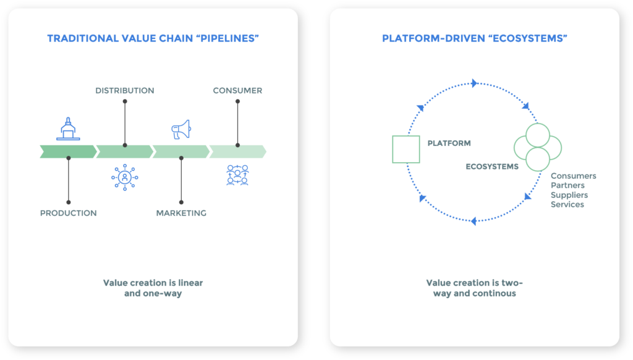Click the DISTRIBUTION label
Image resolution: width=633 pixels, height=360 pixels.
click(124, 90)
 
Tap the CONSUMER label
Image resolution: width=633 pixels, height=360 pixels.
click(237, 90)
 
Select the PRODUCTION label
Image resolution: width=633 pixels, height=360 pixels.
click(68, 213)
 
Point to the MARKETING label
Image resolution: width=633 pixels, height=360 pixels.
click(181, 213)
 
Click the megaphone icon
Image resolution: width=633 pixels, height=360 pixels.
click(181, 129)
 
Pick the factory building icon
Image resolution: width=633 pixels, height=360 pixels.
click(68, 128)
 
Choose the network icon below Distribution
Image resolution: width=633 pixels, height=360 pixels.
click(124, 176)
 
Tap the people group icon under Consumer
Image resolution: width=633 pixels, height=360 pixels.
click(237, 176)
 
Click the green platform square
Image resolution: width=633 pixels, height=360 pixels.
click(406, 149)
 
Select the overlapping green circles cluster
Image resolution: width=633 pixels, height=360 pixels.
click(537, 147)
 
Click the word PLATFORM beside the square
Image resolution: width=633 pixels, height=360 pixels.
click(449, 143)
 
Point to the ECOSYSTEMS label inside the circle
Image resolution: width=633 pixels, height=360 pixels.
click(492, 166)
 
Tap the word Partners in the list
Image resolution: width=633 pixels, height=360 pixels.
click(567, 186)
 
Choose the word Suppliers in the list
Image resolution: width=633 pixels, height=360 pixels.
click(569, 195)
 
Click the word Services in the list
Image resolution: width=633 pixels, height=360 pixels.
click(567, 204)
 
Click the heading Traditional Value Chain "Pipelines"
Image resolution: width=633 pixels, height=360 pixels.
click(153, 38)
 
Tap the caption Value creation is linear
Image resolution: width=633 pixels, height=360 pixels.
click(153, 283)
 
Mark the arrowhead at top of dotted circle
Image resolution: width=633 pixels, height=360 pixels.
click(474, 83)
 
